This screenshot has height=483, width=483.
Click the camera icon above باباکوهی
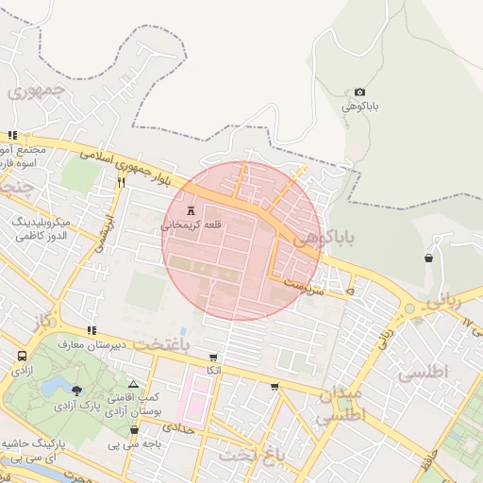tap(359, 92)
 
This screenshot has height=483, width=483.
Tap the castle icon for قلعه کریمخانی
tap(192, 208)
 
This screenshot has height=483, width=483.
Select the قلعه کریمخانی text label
tap(193, 225)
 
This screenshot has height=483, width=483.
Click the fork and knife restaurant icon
tap(121, 184)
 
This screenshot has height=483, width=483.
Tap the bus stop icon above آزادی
tap(22, 357)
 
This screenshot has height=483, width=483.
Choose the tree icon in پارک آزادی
tap(76, 391)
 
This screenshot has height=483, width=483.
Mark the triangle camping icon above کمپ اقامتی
tap(134, 384)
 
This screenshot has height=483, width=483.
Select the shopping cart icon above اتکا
tap(213, 358)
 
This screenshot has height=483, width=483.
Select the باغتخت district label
tap(160, 345)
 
